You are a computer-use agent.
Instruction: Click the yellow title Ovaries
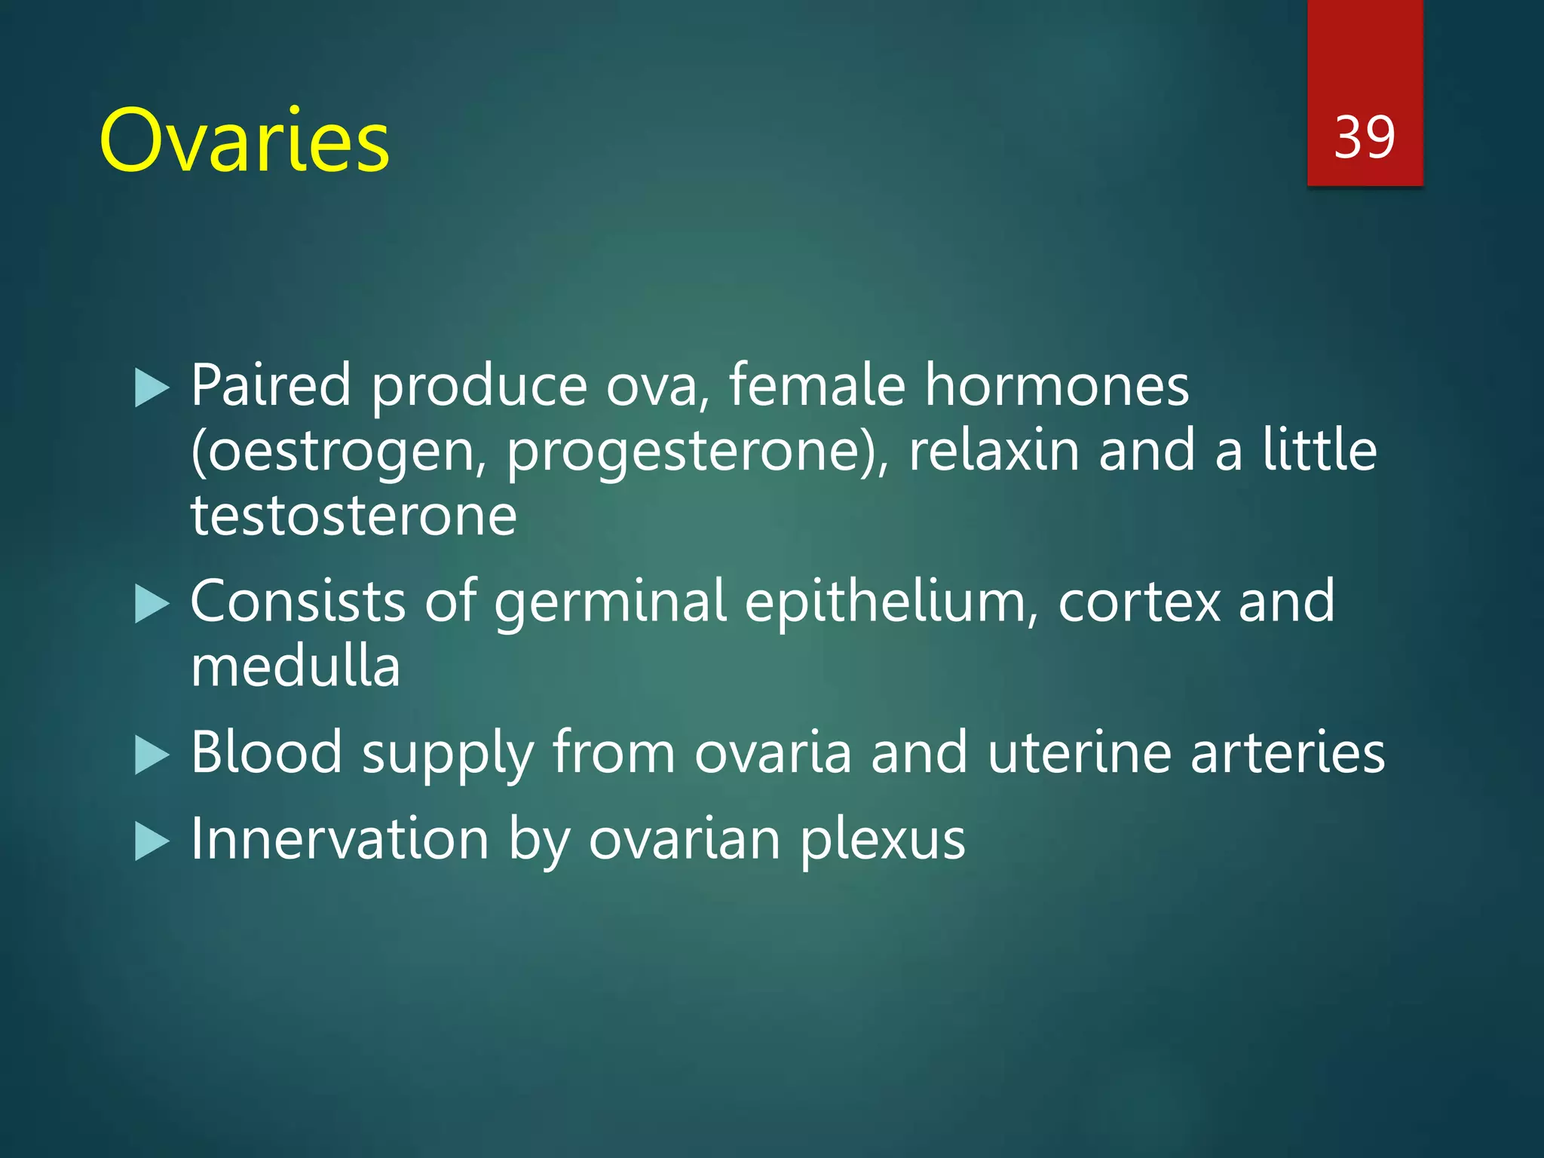[x=244, y=142]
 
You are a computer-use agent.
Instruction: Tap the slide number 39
[x=1364, y=138]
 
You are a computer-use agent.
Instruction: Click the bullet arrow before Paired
[x=152, y=388]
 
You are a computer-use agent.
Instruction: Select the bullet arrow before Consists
[x=152, y=605]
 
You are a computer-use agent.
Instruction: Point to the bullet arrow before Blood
[x=152, y=755]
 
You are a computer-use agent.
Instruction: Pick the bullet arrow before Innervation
[x=152, y=842]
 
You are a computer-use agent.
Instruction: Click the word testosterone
[x=354, y=516]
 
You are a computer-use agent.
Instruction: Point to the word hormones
[x=1056, y=385]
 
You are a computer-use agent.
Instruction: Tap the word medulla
[x=295, y=666]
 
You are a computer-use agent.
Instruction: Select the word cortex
[x=1138, y=602]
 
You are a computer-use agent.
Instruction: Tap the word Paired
[x=271, y=385]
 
